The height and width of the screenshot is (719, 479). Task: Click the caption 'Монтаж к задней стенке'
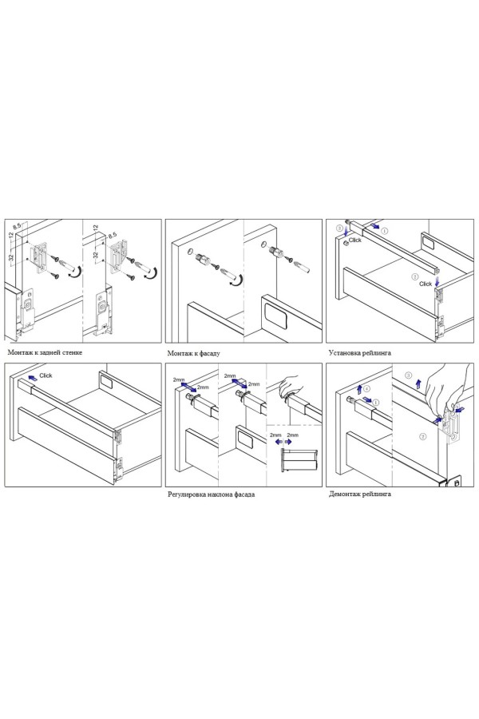[x=45, y=352]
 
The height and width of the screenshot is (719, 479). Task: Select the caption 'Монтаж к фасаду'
[x=193, y=353]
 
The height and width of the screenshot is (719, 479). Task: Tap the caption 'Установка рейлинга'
[x=360, y=352]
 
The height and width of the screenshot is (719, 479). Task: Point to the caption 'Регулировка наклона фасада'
[x=212, y=495]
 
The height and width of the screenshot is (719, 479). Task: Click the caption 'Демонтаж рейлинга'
[x=360, y=494]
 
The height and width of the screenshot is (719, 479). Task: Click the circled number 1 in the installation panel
[x=385, y=231]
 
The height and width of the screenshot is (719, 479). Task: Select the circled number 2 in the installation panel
[x=415, y=277]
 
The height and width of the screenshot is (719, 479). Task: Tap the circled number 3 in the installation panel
[x=339, y=228]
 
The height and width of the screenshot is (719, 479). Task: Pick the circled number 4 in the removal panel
[x=366, y=390]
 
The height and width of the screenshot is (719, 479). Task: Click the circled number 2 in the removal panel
[x=423, y=436]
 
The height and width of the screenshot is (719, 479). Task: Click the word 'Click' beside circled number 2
[x=426, y=284]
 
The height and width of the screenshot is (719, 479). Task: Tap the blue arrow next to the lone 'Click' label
[x=32, y=378]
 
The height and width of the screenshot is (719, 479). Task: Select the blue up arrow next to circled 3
[x=418, y=383]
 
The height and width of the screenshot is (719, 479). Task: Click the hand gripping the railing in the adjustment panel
[x=289, y=384]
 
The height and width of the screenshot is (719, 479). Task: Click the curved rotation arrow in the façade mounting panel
[x=236, y=280]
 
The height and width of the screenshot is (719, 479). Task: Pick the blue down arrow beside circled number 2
[x=437, y=281]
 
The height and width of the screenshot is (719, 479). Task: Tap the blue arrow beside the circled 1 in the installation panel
[x=374, y=226]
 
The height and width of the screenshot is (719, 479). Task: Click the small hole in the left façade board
[x=189, y=251]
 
